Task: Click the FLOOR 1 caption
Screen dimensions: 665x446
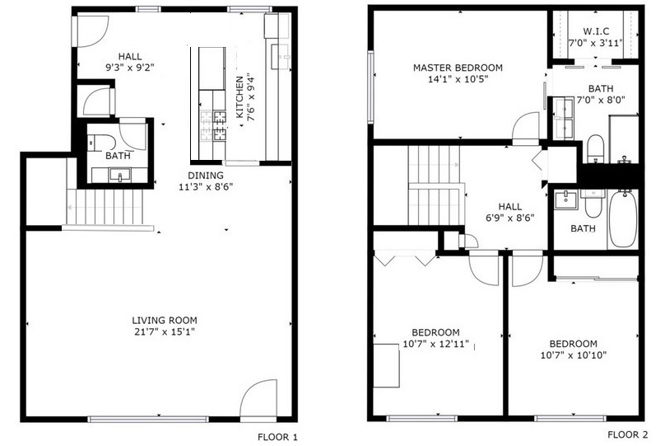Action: coord(278,437)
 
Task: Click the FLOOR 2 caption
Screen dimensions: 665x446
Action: coord(628,434)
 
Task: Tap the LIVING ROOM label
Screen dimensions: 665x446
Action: coord(165,320)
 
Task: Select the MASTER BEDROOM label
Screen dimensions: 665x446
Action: coord(458,68)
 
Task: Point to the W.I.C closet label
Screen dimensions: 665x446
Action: coord(596,31)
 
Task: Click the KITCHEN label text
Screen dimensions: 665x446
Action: coord(239,97)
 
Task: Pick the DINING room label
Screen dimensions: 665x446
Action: coord(206,175)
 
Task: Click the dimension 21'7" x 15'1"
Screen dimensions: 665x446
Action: coord(165,331)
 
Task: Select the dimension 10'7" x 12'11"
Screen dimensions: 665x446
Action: coord(436,344)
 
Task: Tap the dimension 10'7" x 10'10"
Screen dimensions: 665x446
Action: coord(574,355)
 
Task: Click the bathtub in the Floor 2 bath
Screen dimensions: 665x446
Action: coord(623,218)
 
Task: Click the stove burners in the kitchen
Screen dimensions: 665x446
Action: coord(213,125)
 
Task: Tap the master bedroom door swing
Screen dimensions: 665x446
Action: coord(525,126)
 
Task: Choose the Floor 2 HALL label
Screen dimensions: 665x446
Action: coord(510,207)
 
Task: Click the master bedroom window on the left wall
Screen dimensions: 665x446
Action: coord(370,87)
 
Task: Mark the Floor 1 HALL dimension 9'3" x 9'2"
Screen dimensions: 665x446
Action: coord(130,67)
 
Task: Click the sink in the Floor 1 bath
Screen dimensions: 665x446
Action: coord(119,175)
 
